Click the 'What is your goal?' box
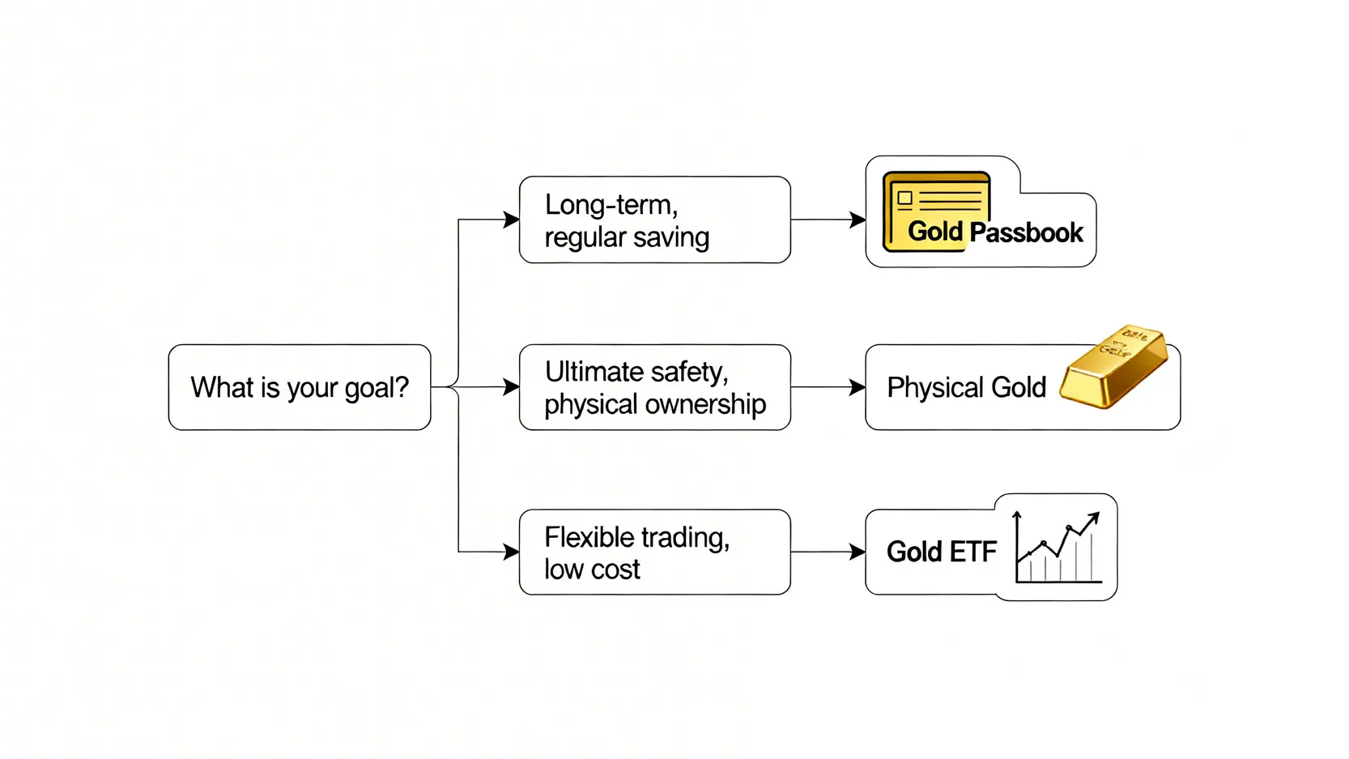point(299,387)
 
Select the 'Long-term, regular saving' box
point(654,220)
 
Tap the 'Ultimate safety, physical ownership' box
point(654,387)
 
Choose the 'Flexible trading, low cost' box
point(654,552)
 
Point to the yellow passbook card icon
point(936,209)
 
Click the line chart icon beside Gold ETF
point(1057,548)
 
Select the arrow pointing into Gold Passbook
point(857,220)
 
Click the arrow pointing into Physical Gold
point(857,387)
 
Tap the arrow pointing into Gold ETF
point(857,552)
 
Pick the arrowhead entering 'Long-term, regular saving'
point(511,220)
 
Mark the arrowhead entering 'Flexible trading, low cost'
point(511,552)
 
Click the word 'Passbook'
point(1026,233)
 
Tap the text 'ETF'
point(972,552)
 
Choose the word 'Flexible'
point(589,537)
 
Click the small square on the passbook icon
point(905,198)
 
